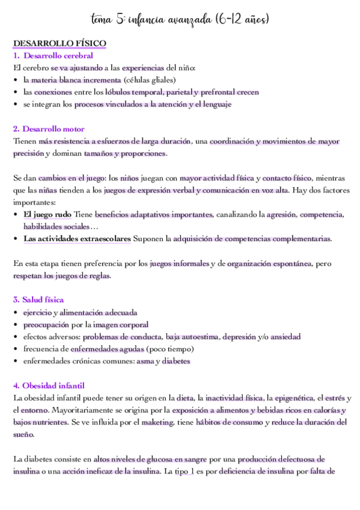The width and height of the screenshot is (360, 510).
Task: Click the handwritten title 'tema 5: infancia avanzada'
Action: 180,20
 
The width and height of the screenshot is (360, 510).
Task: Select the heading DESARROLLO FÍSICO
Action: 59,44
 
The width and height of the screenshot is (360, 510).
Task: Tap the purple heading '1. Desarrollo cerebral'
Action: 53,56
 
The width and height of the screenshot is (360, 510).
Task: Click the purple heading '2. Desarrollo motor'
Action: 49,129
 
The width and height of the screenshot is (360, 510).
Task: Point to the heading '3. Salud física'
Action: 38,300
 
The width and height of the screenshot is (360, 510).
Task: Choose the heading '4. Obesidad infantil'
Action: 49,385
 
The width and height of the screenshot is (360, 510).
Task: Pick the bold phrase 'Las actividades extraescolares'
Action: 77,239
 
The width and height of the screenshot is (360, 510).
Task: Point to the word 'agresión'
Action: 281,214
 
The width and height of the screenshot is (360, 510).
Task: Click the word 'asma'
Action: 145,361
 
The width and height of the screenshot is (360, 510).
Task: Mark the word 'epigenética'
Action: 293,398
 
